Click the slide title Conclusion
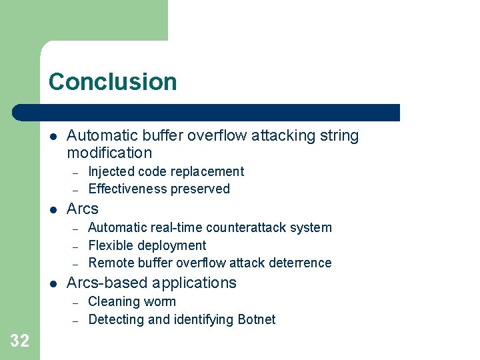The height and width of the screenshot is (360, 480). pyautogui.click(x=113, y=82)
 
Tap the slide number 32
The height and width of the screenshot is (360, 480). pyautogui.click(x=20, y=341)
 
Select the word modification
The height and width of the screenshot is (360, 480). pyautogui.click(x=109, y=153)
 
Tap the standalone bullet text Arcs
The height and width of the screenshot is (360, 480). pyautogui.click(x=83, y=209)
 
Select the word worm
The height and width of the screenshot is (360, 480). pyautogui.click(x=161, y=301)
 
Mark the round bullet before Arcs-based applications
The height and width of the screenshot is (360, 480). pyautogui.click(x=53, y=283)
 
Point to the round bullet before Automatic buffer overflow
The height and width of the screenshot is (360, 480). pyautogui.click(x=53, y=137)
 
